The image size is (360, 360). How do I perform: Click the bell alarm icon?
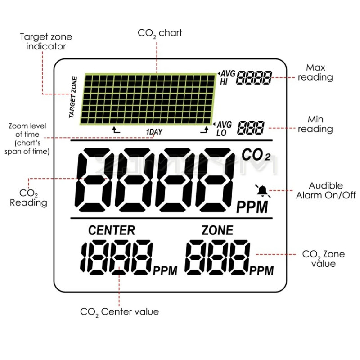pos(262,191)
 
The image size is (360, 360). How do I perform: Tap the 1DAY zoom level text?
pos(154,132)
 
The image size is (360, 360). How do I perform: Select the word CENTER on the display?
pos(112,230)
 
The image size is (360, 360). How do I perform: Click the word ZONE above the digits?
pos(217,230)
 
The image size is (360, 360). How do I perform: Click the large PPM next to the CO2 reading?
pos(252,207)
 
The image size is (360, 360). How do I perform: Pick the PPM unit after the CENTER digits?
pos(165,270)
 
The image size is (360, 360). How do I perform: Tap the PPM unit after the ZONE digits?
pos(261,270)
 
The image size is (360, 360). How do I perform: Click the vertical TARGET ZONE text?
pos(73,97)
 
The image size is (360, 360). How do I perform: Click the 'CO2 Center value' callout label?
pos(119,311)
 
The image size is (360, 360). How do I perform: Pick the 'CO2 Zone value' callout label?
pos(323,259)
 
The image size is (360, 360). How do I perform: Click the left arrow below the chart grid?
pos(116,130)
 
